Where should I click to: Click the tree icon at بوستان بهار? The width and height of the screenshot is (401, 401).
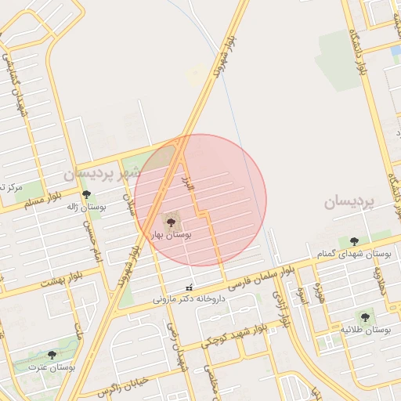pyautogui.click(x=172, y=222)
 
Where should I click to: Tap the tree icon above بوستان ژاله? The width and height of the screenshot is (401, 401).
pyautogui.click(x=86, y=194)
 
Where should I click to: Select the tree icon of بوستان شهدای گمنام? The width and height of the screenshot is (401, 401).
pyautogui.click(x=354, y=241)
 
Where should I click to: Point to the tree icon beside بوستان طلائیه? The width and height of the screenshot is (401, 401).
pyautogui.click(x=365, y=317)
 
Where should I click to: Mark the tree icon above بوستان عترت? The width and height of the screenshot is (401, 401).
pyautogui.click(x=52, y=355)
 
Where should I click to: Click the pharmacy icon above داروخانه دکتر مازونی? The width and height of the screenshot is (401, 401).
pyautogui.click(x=188, y=287)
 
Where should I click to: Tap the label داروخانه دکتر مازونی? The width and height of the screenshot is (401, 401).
pyautogui.click(x=188, y=298)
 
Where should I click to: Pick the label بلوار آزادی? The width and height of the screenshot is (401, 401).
pyautogui.click(x=280, y=307)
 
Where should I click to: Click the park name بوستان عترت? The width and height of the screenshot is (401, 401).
pyautogui.click(x=52, y=367)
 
